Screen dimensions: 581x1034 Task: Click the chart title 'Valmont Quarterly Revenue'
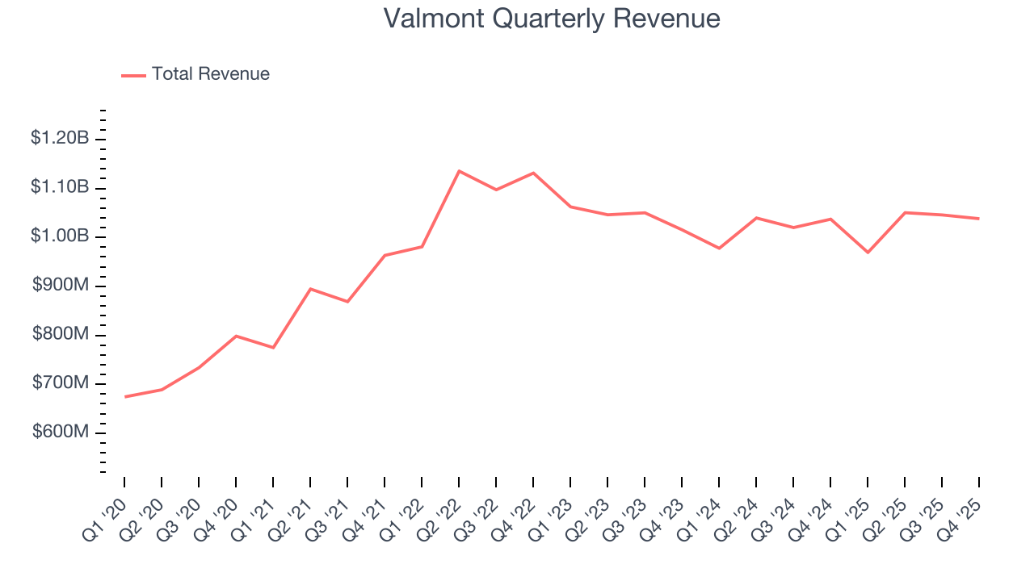[552, 19]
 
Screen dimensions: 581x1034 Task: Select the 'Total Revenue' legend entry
[210, 74]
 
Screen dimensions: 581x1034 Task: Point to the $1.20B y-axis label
[59, 139]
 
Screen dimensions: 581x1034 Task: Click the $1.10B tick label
[59, 187]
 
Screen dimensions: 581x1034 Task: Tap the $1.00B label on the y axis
[59, 236]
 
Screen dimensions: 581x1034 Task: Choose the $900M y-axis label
[61, 286]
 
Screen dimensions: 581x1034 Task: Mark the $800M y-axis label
[61, 334]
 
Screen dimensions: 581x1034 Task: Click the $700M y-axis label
[61, 383]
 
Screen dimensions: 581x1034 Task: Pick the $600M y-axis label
[61, 433]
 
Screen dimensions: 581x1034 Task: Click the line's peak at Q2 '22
[459, 171]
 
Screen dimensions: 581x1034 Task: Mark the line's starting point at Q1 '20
[125, 396]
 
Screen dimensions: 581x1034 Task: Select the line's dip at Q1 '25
[868, 253]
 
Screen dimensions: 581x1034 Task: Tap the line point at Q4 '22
[533, 173]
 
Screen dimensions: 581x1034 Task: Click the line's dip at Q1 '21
[273, 348]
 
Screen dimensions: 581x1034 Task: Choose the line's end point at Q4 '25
[979, 219]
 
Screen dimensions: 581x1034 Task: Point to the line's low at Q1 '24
[719, 249]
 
